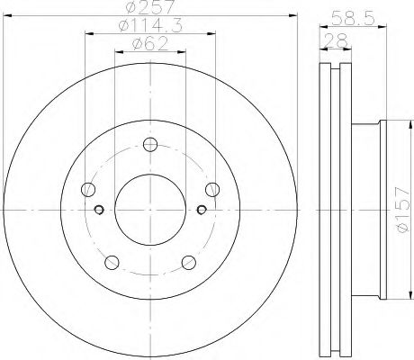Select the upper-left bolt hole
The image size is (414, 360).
point(88,189)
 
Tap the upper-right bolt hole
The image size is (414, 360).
point(212,189)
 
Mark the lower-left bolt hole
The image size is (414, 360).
point(112,262)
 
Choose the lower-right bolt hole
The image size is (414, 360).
point(189,262)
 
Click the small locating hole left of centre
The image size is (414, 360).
point(99,211)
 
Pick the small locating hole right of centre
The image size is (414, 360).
point(202,211)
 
